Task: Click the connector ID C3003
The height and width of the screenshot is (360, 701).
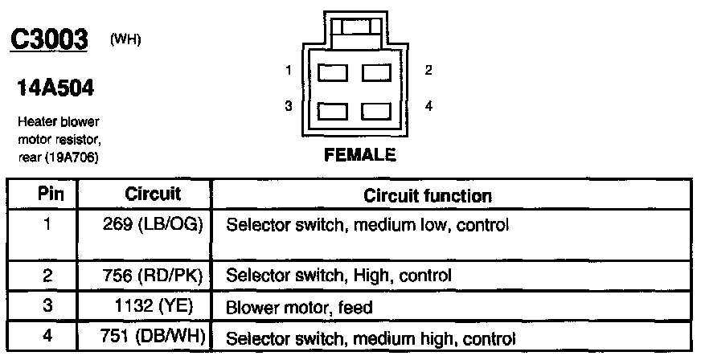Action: click(47, 41)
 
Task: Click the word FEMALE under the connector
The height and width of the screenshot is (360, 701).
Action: click(360, 156)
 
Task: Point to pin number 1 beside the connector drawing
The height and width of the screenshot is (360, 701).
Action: click(288, 71)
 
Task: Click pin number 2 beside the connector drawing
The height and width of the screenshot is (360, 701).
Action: click(428, 71)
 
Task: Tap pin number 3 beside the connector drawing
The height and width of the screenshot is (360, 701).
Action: click(288, 106)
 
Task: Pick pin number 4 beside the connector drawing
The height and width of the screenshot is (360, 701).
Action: click(428, 106)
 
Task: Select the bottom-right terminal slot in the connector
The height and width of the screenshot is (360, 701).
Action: click(375, 111)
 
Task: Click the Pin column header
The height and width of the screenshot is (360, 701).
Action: click(46, 194)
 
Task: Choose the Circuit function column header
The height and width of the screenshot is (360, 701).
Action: click(428, 195)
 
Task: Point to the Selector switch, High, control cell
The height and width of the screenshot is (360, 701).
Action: click(339, 275)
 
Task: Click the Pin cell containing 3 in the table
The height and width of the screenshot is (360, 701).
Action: click(46, 307)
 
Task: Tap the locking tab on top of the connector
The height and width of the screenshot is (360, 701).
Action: click(355, 27)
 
